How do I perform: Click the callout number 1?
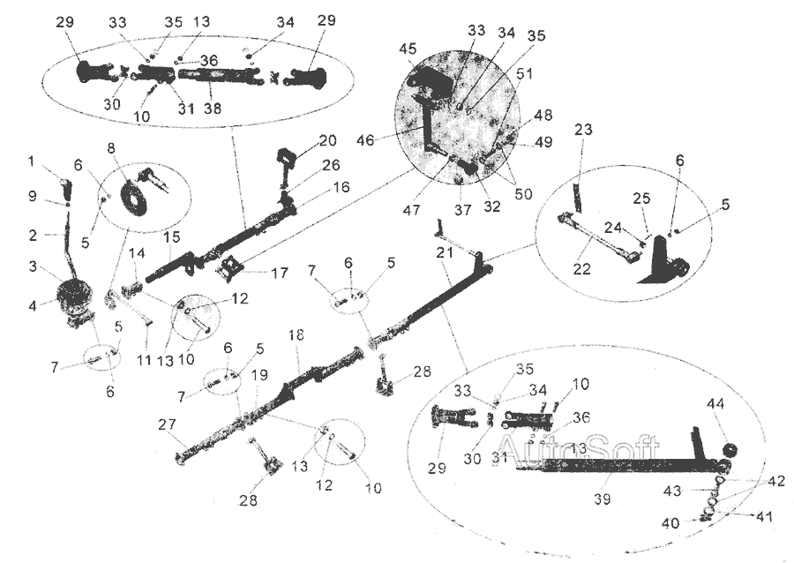point(33,161)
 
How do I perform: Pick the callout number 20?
point(328,140)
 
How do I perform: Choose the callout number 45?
point(408,50)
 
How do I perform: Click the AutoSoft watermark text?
point(547,446)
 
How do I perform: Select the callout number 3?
point(33,266)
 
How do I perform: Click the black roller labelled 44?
point(730,451)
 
